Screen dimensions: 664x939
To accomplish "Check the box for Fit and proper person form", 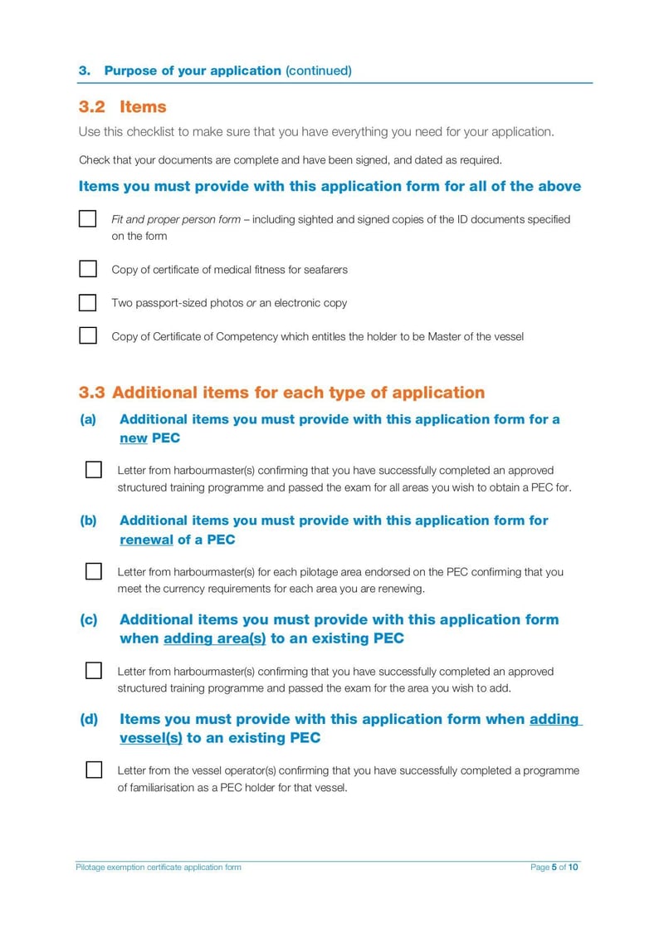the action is [88, 219].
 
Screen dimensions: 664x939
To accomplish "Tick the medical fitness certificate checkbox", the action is [88, 269].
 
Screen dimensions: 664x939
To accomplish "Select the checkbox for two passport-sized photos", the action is [88, 302].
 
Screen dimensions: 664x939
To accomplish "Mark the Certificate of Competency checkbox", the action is [88, 336].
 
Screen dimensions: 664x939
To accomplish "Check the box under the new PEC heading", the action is [94, 470].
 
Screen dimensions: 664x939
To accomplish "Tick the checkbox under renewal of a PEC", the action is [94, 571].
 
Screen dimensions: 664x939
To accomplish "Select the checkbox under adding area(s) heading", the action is [94, 671].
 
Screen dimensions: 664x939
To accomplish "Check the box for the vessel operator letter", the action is [94, 770].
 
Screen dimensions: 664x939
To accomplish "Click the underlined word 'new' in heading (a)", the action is [133, 438].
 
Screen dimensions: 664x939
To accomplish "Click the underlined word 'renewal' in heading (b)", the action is [146, 540].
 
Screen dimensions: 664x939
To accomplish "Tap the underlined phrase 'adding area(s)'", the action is [214, 638].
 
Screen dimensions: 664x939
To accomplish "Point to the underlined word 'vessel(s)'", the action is [150, 738].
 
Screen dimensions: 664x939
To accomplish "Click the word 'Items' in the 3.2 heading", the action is [143, 107].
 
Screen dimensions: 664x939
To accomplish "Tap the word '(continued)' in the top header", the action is [318, 71].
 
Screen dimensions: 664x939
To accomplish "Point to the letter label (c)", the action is [88, 619].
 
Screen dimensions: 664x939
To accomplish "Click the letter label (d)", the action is [88, 719].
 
